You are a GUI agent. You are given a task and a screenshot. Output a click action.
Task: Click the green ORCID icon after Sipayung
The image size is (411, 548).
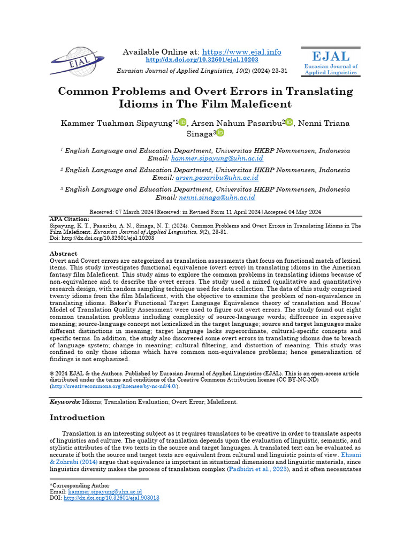point(182,123)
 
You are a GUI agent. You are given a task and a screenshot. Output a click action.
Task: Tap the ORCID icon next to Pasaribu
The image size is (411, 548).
point(290,123)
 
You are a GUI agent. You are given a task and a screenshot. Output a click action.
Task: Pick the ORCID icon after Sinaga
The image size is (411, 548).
point(220,133)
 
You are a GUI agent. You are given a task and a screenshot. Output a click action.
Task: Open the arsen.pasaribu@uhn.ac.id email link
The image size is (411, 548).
point(217,178)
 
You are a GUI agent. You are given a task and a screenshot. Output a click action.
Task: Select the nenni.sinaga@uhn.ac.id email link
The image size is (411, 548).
point(217,197)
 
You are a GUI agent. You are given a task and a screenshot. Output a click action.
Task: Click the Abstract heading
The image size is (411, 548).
point(64,253)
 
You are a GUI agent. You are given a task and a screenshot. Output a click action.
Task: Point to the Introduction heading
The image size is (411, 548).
point(77,417)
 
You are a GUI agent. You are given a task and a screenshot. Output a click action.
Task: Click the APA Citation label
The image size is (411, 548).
point(69,219)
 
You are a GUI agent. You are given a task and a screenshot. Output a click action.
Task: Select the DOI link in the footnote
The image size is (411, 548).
point(111,498)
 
